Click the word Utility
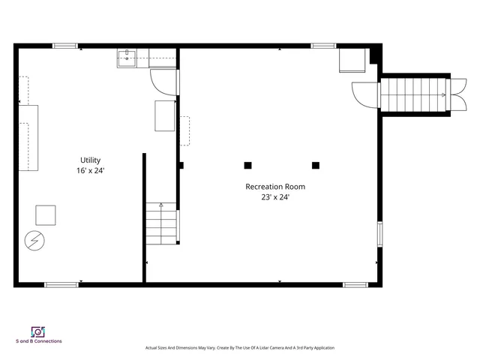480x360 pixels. point(91,160)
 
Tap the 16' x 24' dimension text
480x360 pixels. point(91,170)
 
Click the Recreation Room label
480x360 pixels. point(275,187)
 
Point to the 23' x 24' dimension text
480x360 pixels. point(275,197)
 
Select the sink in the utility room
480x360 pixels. point(127,58)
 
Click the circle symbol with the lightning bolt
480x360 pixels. point(34,240)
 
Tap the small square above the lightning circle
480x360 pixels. point(46,215)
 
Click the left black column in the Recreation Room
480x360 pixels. point(247,165)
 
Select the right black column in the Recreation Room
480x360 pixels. point(316,165)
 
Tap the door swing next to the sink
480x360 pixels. point(163,80)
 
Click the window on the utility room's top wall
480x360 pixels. point(65,46)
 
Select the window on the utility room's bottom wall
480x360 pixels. point(61,284)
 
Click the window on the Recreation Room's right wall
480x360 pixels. point(379,233)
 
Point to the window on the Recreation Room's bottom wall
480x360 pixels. point(355,284)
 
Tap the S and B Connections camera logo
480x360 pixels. point(38,331)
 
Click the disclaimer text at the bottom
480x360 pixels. point(239,348)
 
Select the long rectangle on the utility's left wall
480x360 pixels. point(28,138)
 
